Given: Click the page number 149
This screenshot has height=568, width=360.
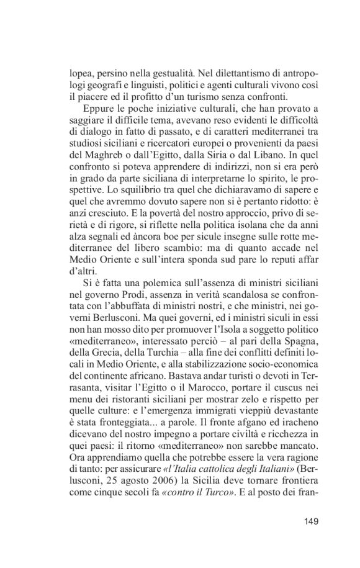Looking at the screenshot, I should pyautogui.click(x=308, y=521).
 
